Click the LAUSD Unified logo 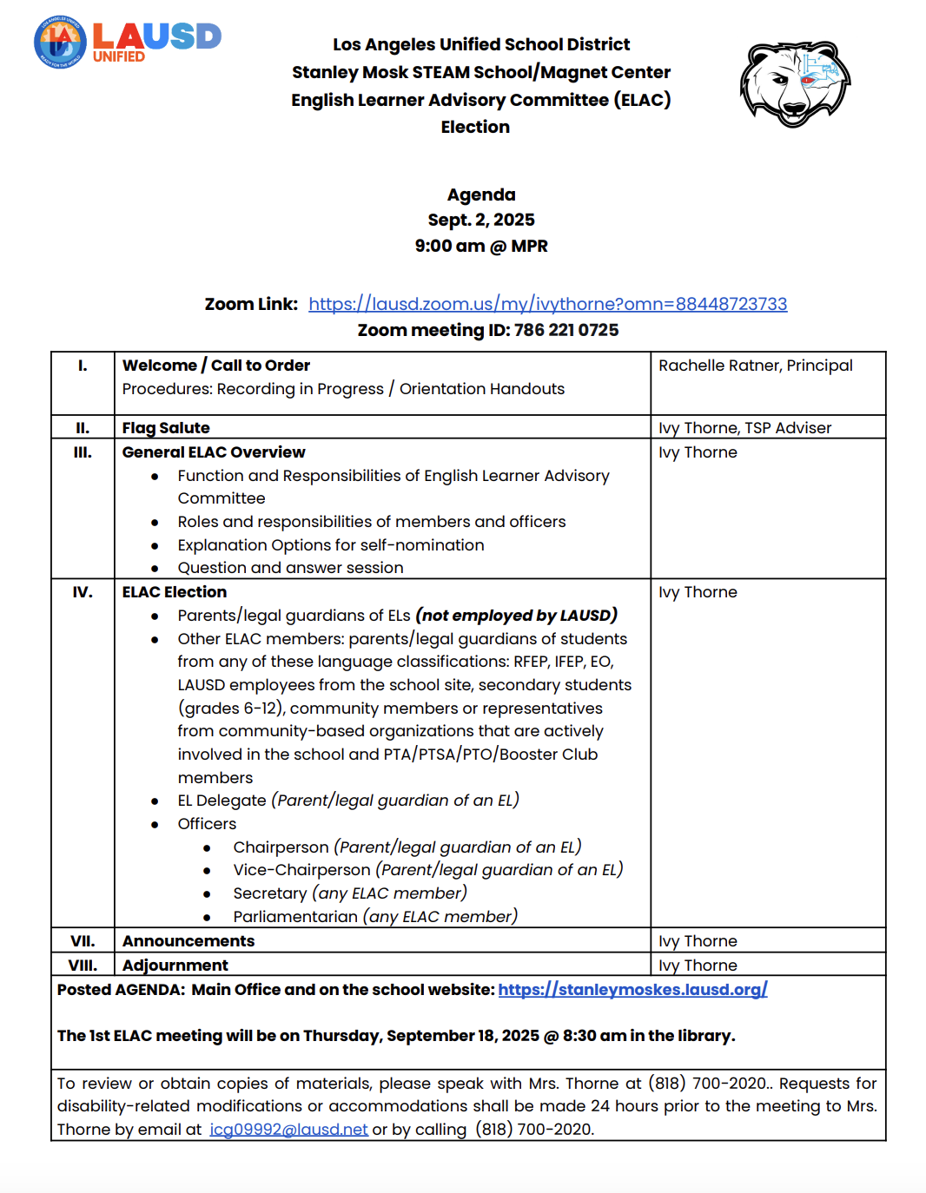(x=128, y=42)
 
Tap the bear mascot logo (x=794, y=83)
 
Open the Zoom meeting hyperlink (x=547, y=304)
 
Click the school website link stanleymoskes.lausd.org (x=632, y=990)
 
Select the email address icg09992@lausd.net (x=288, y=1130)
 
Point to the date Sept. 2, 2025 (x=481, y=220)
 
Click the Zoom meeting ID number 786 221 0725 (x=566, y=330)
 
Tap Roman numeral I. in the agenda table (x=83, y=366)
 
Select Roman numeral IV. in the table (x=83, y=592)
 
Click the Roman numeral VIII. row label (x=83, y=966)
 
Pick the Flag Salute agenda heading (x=166, y=428)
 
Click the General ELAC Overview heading (x=214, y=452)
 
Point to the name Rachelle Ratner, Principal (x=756, y=366)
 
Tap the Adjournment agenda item (x=175, y=966)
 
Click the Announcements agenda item (x=189, y=941)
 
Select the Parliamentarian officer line (x=375, y=917)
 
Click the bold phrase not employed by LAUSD (x=517, y=616)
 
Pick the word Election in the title (x=475, y=127)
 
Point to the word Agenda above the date (x=481, y=194)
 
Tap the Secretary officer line (x=350, y=893)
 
